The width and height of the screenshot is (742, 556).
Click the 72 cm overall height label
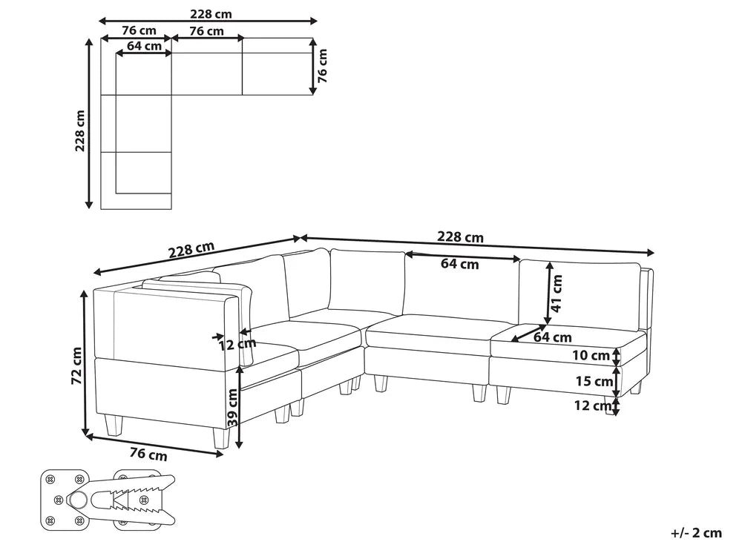(77, 365)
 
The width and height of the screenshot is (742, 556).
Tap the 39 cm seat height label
(232, 408)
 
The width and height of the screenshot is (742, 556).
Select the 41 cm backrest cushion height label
(557, 293)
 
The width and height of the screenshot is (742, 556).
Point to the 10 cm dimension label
(591, 355)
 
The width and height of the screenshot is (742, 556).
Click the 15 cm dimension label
(594, 381)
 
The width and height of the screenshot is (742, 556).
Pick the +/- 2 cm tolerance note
(696, 533)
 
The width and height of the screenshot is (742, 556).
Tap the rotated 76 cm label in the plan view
(322, 66)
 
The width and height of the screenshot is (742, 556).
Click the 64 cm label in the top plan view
(145, 46)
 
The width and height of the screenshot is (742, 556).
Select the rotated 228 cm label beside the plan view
(80, 130)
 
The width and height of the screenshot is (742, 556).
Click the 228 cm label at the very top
(211, 13)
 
